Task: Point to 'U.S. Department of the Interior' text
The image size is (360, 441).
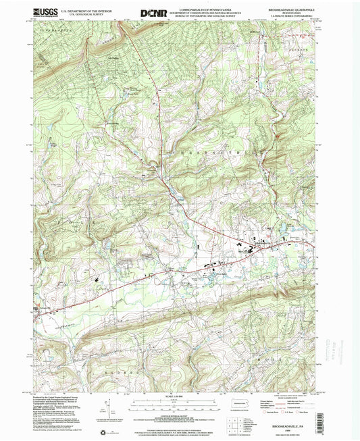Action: (86, 10)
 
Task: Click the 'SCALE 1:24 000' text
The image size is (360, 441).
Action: (180, 397)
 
